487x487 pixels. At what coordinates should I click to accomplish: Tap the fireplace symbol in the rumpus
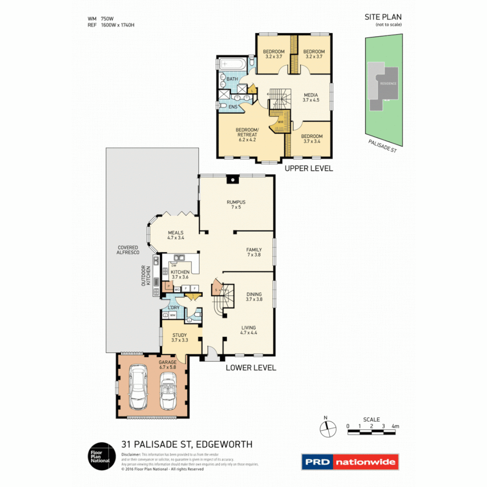point(233,179)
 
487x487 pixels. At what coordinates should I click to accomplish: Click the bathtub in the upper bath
point(233,64)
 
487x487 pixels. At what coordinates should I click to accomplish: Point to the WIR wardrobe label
point(280,122)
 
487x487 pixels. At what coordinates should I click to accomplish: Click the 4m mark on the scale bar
point(395,426)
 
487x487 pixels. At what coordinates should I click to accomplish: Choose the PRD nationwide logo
point(350,462)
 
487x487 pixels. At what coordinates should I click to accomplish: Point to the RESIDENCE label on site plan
point(388,84)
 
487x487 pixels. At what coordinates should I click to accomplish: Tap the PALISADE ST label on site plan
point(382,146)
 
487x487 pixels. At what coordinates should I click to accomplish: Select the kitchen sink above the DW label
point(179,258)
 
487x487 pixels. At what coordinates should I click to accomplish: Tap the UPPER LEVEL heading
point(308,168)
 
